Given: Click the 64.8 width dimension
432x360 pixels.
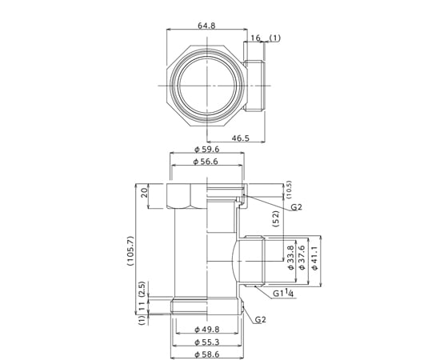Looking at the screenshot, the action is [206, 26].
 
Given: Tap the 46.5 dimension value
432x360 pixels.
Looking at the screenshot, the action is [240, 138].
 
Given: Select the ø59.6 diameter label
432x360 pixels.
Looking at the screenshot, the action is [207, 150].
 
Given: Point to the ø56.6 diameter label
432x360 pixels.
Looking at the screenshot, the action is [206, 162].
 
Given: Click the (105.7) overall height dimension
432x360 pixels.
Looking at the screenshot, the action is [130, 250].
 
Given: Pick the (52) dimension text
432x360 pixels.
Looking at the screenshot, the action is [276, 218].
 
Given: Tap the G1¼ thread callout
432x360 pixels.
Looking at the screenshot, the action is [283, 293].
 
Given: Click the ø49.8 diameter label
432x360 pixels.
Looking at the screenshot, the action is [207, 329].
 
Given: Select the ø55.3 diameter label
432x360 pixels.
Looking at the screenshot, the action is [207, 342].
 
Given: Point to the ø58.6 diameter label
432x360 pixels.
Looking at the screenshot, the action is [207, 354].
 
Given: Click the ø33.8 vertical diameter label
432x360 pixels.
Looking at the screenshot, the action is [291, 258].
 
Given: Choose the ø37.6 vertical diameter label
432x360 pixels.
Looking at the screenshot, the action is [302, 258].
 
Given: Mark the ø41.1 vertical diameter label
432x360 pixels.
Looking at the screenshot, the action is [314, 258].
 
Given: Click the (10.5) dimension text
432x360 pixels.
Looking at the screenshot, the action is [289, 190].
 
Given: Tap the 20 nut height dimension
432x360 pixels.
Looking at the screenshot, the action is [144, 193].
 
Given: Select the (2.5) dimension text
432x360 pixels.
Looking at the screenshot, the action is [142, 290].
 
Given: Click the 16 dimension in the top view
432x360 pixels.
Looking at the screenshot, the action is [255, 38].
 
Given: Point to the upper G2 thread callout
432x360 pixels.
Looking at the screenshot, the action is [297, 207].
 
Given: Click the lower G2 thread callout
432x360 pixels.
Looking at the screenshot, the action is [260, 319].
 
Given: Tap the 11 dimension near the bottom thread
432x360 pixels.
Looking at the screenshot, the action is [142, 306].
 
